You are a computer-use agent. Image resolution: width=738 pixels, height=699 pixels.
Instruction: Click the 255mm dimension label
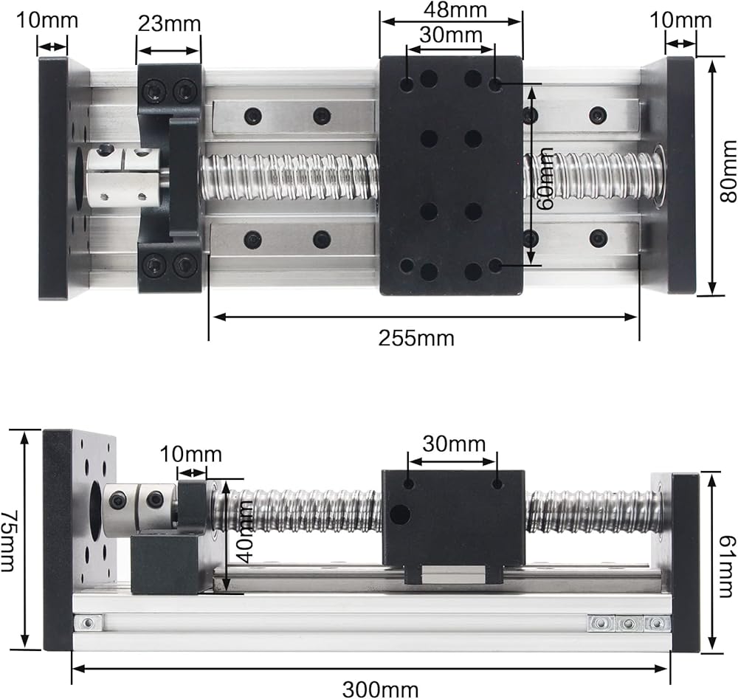click(416, 338)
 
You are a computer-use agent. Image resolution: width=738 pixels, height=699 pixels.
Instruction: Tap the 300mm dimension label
click(380, 689)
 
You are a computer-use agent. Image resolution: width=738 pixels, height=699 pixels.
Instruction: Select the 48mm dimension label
click(455, 10)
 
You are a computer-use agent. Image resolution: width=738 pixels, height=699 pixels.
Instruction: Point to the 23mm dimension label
click(169, 24)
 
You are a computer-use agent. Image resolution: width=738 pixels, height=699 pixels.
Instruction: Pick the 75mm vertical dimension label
click(8, 541)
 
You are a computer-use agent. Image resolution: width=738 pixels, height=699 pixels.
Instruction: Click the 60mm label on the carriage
click(545, 179)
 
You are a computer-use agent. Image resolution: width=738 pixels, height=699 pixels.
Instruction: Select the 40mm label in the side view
click(244, 531)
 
